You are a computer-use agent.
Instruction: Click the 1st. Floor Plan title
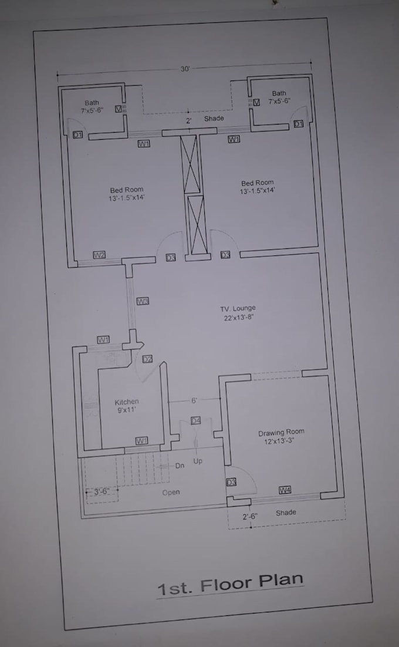[231, 585]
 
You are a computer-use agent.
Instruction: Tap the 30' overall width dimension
[185, 69]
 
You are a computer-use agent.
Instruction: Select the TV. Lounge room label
[238, 313]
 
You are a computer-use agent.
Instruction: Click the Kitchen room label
[127, 406]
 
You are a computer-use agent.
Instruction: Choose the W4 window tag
[285, 490]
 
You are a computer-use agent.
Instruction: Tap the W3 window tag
[143, 301]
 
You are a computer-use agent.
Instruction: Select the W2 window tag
[99, 255]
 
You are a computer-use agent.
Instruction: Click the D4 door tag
[195, 420]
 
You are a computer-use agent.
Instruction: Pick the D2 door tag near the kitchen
[147, 359]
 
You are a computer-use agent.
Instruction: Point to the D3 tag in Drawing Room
[231, 482]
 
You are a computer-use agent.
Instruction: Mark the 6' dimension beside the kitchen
[194, 400]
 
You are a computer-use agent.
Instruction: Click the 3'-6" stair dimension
[102, 491]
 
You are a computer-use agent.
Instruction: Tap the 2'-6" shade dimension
[250, 516]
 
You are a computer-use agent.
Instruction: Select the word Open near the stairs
[171, 492]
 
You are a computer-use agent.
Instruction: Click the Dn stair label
[180, 466]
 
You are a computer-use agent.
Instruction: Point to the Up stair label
[198, 461]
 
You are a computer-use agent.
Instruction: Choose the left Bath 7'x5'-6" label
[92, 106]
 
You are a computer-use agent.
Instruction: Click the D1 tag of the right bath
[299, 124]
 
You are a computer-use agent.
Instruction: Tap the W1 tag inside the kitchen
[141, 441]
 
